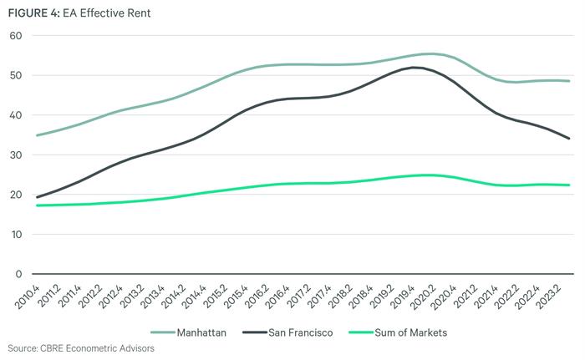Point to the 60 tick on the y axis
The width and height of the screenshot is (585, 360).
(15, 36)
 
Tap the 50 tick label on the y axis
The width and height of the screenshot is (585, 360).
(15, 75)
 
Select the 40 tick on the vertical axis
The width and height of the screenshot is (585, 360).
(15, 115)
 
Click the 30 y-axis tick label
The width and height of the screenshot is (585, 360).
(15, 155)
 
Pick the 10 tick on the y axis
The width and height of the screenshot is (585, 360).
(15, 234)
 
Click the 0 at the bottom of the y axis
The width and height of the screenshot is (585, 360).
(18, 274)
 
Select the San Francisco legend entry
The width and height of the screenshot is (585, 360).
(297, 332)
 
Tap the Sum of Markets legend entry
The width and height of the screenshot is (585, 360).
(407, 332)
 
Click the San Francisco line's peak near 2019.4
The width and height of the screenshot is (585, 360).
(415, 68)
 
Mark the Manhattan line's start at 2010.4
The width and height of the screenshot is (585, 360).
(37, 135)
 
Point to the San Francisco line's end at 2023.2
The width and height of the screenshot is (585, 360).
(570, 139)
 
